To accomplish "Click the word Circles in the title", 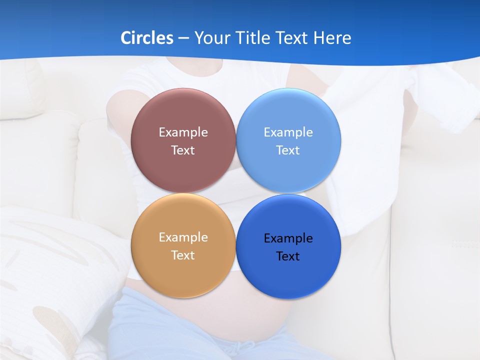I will [x=147, y=38].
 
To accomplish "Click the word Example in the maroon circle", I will [x=183, y=132].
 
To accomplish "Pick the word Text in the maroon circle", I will [x=183, y=150].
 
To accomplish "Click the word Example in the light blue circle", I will [x=288, y=132].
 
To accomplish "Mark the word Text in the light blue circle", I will [x=288, y=150].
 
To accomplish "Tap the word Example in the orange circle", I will [x=183, y=237].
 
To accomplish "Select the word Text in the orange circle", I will [x=183, y=255].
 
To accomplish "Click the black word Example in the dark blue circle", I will [x=288, y=238].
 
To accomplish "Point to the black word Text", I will [x=288, y=256].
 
